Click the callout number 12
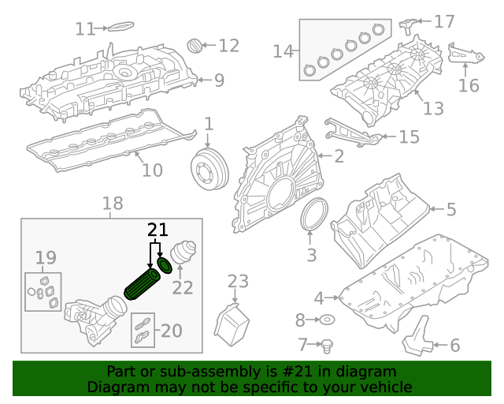point(228,46)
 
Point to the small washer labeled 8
point(326,320)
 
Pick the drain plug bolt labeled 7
point(328,344)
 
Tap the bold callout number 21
point(158,230)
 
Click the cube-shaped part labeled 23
point(232,326)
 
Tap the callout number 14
point(283,52)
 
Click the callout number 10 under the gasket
point(152,170)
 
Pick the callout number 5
point(451,209)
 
